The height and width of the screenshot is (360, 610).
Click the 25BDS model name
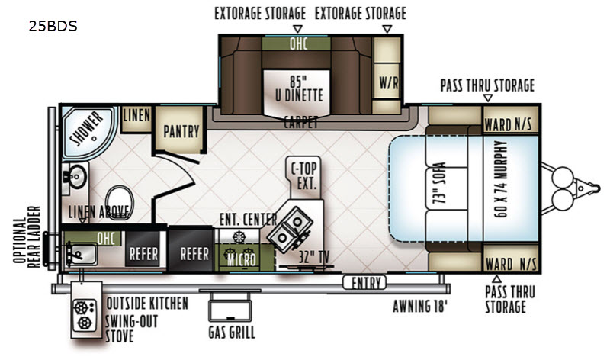click(53, 26)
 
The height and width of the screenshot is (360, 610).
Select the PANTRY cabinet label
click(181, 131)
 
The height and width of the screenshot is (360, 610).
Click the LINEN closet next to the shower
click(136, 118)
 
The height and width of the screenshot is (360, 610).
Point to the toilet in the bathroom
click(119, 201)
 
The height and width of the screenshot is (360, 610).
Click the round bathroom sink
click(77, 177)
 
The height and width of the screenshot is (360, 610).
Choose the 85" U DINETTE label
click(299, 89)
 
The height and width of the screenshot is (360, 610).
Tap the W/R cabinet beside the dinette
click(387, 82)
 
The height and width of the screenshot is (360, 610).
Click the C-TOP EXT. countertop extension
click(304, 175)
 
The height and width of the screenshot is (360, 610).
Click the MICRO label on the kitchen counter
click(241, 260)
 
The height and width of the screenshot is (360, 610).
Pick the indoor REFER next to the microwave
click(191, 249)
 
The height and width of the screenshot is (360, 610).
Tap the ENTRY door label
click(364, 282)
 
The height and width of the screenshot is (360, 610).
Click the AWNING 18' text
click(420, 307)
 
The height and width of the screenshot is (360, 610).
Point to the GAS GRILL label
click(232, 333)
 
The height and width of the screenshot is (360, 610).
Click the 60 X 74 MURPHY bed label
click(501, 178)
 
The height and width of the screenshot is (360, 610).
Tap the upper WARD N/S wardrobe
click(510, 120)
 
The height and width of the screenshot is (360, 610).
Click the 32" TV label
click(313, 257)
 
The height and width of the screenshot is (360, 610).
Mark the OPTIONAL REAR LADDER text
click(27, 237)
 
